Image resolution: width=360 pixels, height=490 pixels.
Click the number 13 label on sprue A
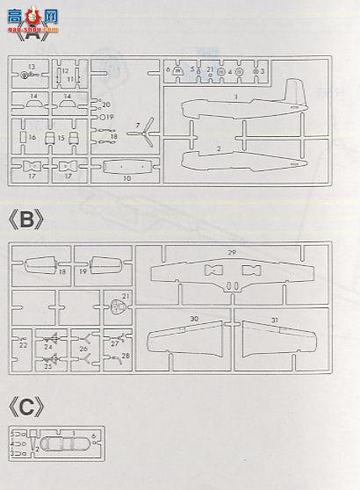pos(31,67)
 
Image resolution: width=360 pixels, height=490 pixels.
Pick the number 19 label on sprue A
pos(108,116)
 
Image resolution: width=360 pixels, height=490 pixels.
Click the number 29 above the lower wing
pos(233,252)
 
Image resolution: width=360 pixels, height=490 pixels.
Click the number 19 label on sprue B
pos(83,272)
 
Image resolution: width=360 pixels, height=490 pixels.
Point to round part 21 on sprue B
pos(119,306)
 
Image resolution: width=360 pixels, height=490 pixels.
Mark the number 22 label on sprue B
pos(23,345)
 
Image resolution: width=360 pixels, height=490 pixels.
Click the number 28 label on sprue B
pos(126,355)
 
